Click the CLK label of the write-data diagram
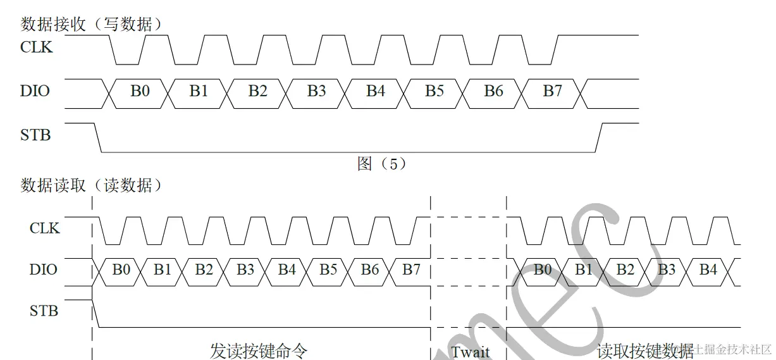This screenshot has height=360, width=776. click(x=37, y=47)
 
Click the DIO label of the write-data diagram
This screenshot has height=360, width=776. click(x=35, y=91)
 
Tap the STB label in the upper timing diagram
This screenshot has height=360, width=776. click(x=35, y=135)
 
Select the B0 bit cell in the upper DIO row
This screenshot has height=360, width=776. click(x=140, y=91)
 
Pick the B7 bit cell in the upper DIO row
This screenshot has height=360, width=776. click(x=552, y=91)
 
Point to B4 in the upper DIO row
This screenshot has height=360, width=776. click(x=376, y=91)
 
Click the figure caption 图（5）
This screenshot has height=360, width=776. click(x=382, y=164)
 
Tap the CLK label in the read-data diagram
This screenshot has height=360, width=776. click(x=44, y=228)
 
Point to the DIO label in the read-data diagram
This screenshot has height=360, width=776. click(x=43, y=270)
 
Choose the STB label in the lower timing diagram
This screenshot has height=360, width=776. click(x=44, y=311)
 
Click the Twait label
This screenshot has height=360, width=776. click(x=470, y=351)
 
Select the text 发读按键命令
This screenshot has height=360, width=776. click(x=259, y=351)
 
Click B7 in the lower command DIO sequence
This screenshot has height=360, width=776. click(x=411, y=270)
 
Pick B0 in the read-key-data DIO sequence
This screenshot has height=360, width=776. click(x=542, y=270)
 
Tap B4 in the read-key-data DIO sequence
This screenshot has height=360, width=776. click(x=708, y=270)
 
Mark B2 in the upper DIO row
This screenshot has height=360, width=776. click(x=257, y=91)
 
